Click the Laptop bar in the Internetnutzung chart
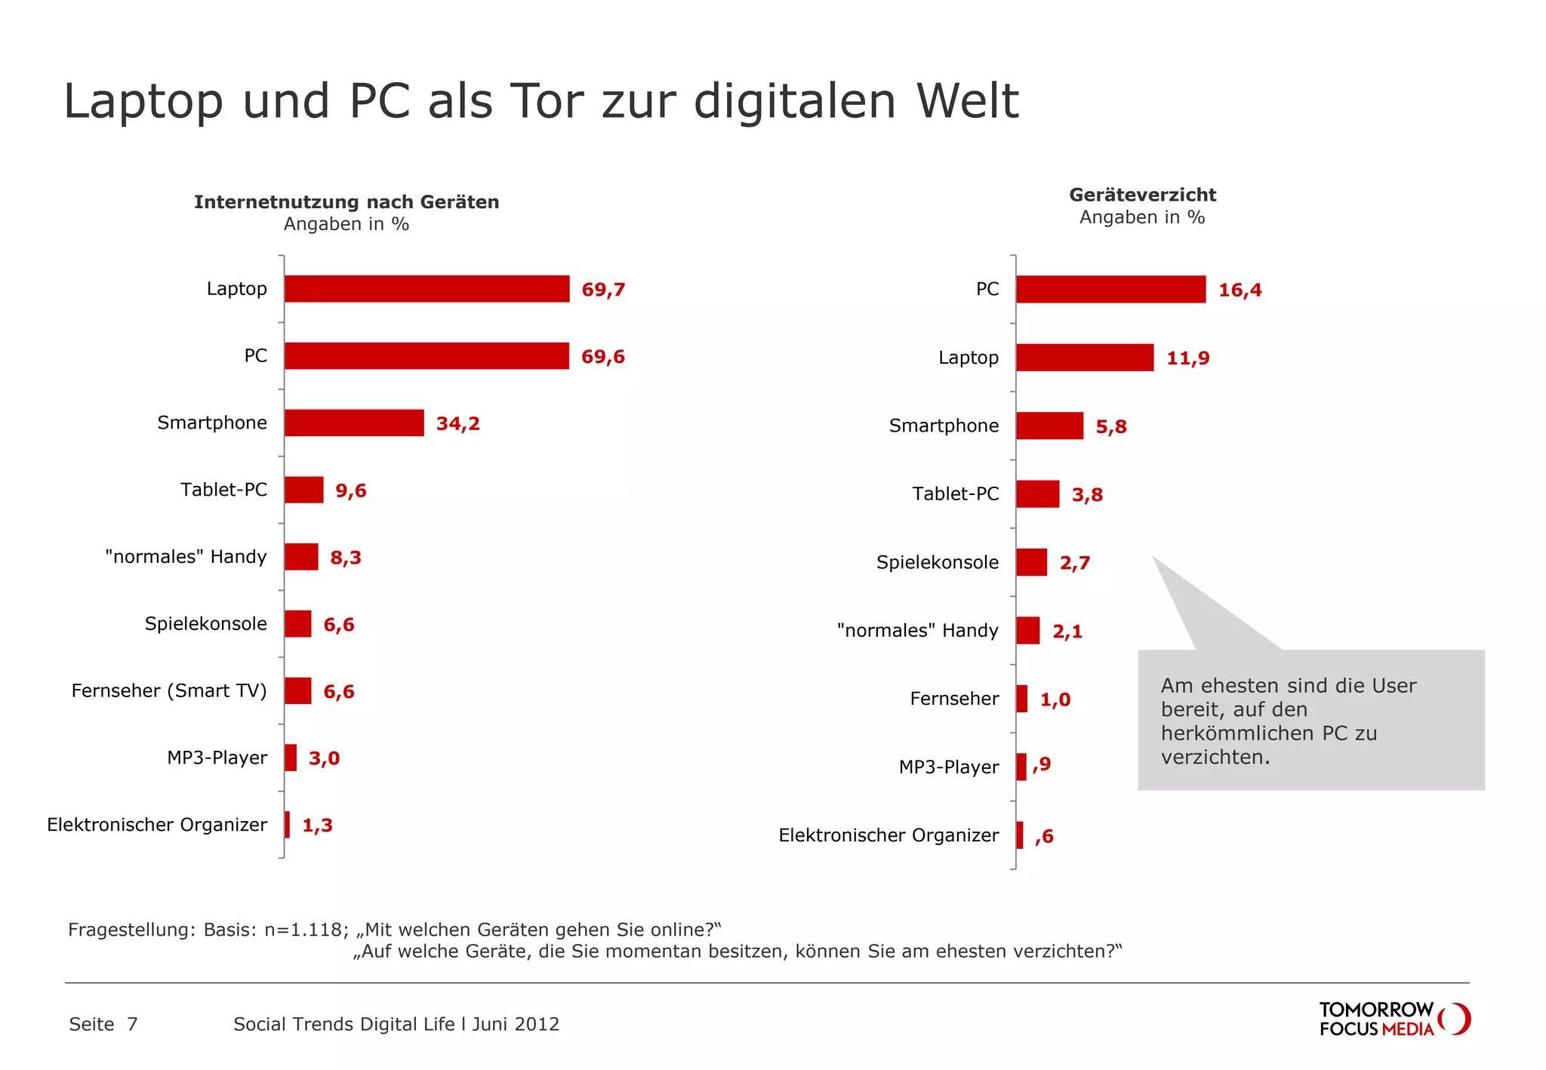point(427,289)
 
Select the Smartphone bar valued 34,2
point(354,423)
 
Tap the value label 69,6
point(602,357)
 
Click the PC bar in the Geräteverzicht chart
point(1110,290)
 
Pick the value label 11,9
point(1187,358)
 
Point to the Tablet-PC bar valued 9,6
point(303,490)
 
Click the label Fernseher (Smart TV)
point(169,691)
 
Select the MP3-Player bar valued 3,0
point(291,758)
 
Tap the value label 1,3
point(317,826)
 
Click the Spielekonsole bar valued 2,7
point(1031,563)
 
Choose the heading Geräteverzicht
point(1142,195)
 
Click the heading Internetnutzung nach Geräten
point(346,202)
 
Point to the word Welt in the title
point(968,101)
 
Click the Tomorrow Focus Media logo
point(1394,1019)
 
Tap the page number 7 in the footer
point(132,1025)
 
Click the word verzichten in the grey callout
point(1213,758)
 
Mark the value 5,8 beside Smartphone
point(1110,427)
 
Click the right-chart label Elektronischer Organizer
point(888,835)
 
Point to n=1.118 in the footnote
point(306,930)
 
